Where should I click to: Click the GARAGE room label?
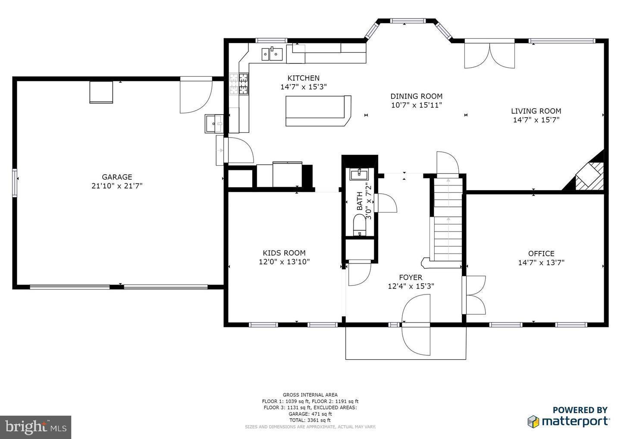point(117,177)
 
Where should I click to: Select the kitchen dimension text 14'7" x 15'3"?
point(304,87)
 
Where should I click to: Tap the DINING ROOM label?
point(416,96)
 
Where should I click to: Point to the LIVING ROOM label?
point(536,111)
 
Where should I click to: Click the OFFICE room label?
point(541,254)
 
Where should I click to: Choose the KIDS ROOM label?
point(284,253)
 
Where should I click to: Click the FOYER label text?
point(411,277)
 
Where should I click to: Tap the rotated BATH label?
point(360,201)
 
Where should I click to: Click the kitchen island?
point(318,111)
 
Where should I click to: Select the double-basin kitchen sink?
point(272,54)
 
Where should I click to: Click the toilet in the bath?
point(359,226)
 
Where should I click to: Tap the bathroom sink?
point(359,174)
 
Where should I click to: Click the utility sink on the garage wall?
point(213,124)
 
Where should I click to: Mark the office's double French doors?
point(474,295)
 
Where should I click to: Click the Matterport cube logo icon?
point(533,421)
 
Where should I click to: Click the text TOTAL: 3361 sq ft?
point(310,420)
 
